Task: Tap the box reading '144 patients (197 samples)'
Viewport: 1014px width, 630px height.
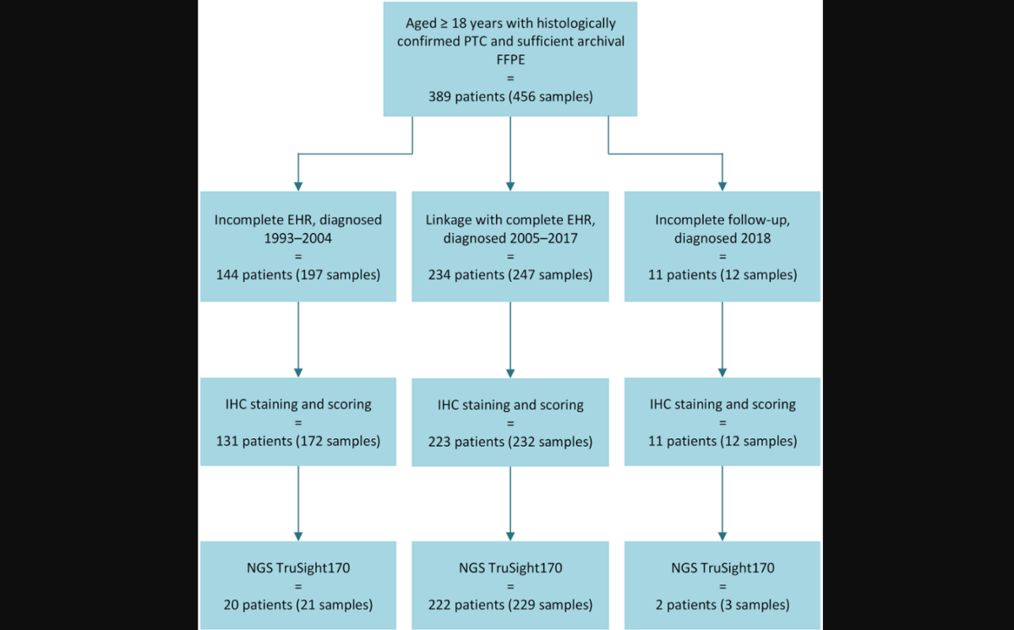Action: tap(298, 246)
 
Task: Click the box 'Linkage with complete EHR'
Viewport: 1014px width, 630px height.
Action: tap(510, 246)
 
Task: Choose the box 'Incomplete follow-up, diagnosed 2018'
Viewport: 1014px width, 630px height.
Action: tap(722, 246)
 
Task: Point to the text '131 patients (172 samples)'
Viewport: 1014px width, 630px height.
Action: tap(298, 440)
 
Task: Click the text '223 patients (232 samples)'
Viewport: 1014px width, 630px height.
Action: tap(510, 442)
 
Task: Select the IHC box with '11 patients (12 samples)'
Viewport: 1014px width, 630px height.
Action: tap(722, 421)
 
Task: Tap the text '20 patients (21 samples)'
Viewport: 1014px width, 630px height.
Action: tap(298, 604)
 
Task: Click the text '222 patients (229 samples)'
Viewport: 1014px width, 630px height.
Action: tap(510, 604)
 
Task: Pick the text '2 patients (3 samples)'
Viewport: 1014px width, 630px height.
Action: tap(722, 604)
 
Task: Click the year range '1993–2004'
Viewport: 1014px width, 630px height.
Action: tap(298, 237)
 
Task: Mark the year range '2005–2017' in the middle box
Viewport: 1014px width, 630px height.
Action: tap(542, 237)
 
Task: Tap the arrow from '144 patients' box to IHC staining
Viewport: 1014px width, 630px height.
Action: tap(298, 338)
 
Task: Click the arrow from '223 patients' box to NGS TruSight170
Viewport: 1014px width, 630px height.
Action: tap(510, 502)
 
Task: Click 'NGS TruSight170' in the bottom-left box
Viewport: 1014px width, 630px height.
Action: tap(298, 568)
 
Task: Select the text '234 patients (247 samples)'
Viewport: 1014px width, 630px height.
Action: tap(510, 274)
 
